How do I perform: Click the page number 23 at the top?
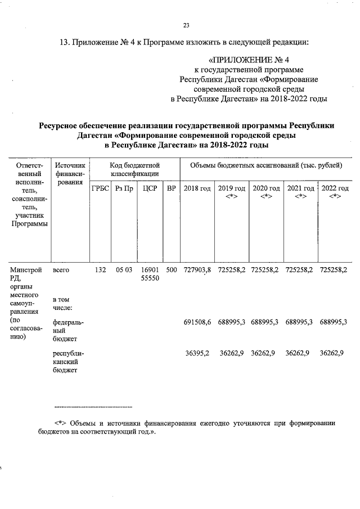tap(186, 25)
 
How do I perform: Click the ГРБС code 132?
tap(100, 270)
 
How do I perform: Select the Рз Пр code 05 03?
tap(124, 270)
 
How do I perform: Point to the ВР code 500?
tap(171, 270)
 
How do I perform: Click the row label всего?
tap(61, 270)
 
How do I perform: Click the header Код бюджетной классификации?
tap(134, 170)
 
